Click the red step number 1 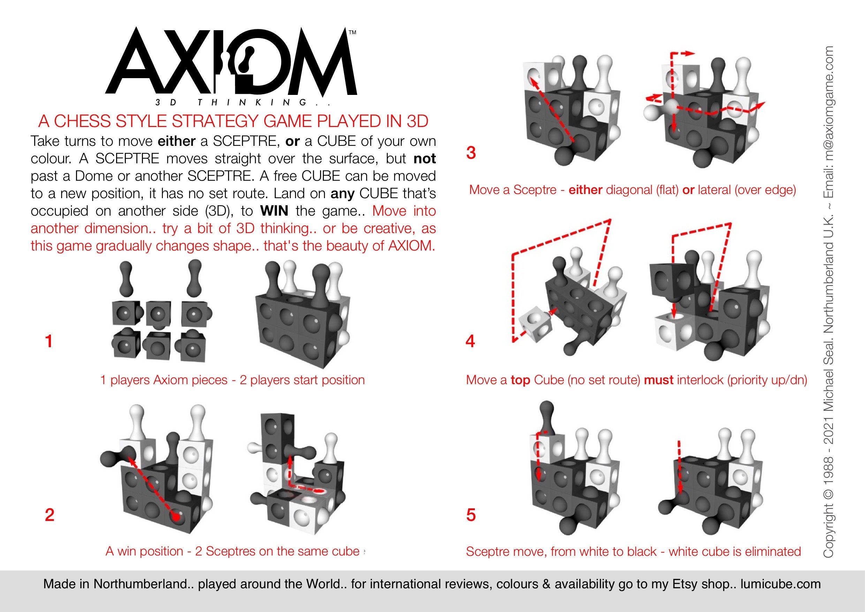(48, 341)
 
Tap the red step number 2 (50, 515)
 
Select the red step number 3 (471, 153)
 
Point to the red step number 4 (470, 341)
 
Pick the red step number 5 (471, 515)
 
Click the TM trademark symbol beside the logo (352, 33)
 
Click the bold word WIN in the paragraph (274, 211)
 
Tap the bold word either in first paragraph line (176, 141)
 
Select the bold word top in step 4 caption (520, 380)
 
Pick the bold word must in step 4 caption (659, 380)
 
